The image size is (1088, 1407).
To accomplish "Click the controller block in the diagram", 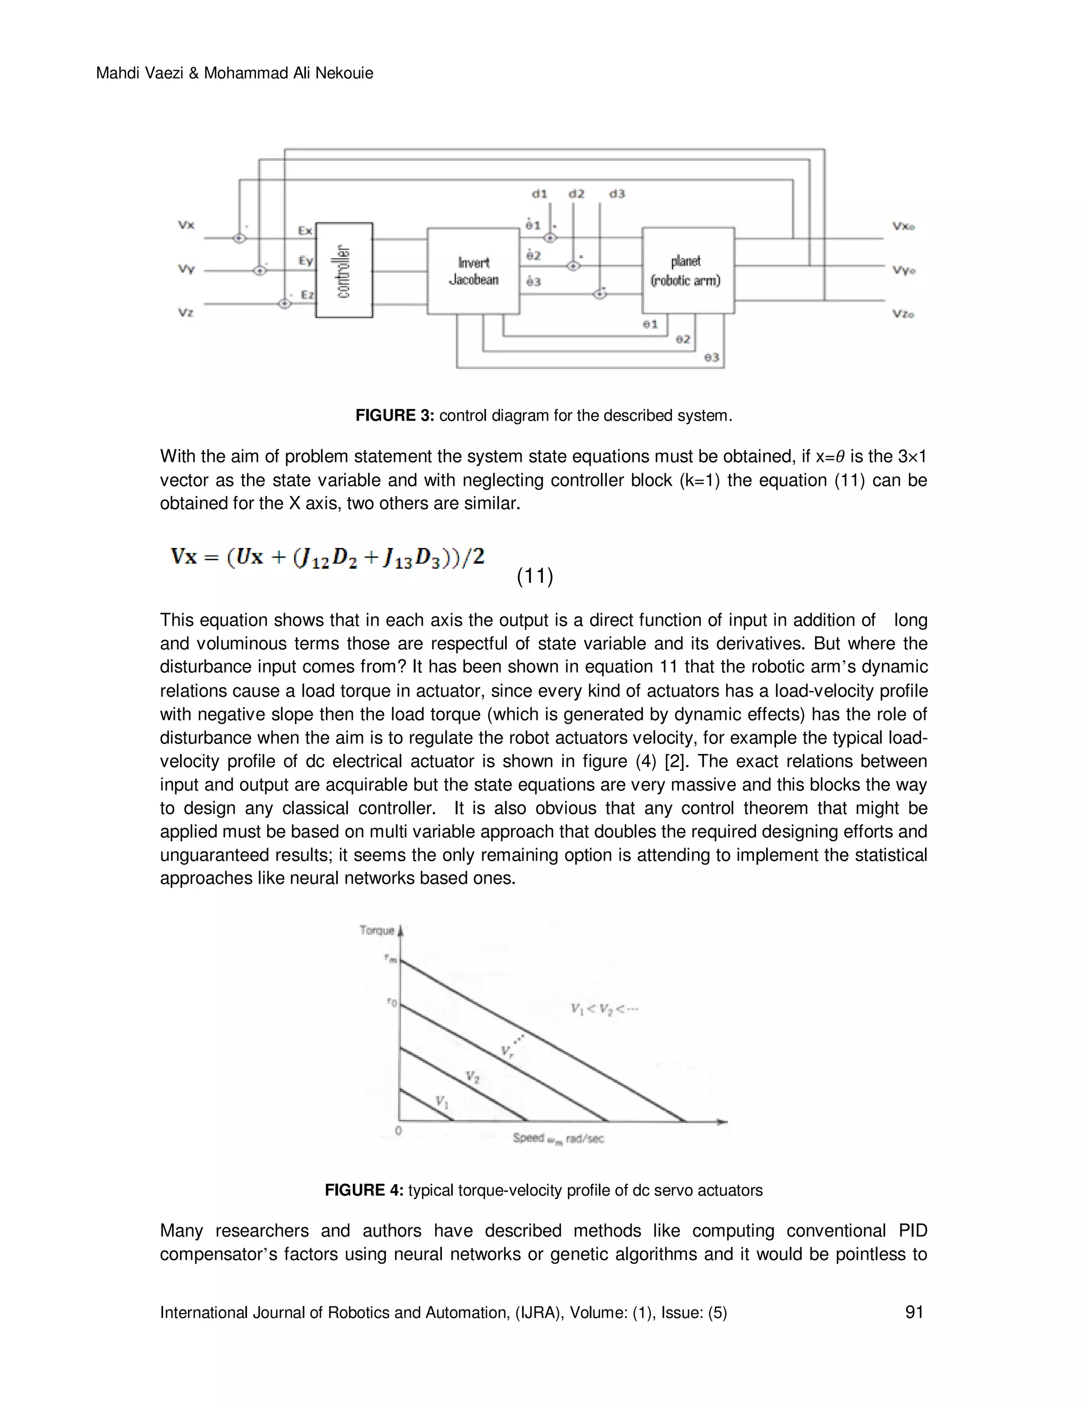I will click(344, 270).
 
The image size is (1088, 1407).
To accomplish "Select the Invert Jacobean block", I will click(473, 271).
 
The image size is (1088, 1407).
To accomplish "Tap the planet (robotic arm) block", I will click(688, 271).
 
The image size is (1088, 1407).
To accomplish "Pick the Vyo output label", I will click(904, 271).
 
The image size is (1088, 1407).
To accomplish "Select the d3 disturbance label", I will click(617, 194).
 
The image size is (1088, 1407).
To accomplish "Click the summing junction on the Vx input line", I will click(239, 238).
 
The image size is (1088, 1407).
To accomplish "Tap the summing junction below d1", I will click(550, 238).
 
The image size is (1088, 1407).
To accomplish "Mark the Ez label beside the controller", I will click(308, 295).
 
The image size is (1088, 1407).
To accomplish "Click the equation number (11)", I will click(535, 576).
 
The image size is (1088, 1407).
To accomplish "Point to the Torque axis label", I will click(377, 930).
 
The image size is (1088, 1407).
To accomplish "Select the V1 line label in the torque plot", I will click(442, 1102).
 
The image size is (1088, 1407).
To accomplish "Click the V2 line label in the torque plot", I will click(472, 1077).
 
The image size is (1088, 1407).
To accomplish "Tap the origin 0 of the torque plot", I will click(398, 1130).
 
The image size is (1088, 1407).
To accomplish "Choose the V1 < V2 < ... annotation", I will click(604, 1009).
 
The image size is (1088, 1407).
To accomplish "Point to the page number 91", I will click(914, 1312).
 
